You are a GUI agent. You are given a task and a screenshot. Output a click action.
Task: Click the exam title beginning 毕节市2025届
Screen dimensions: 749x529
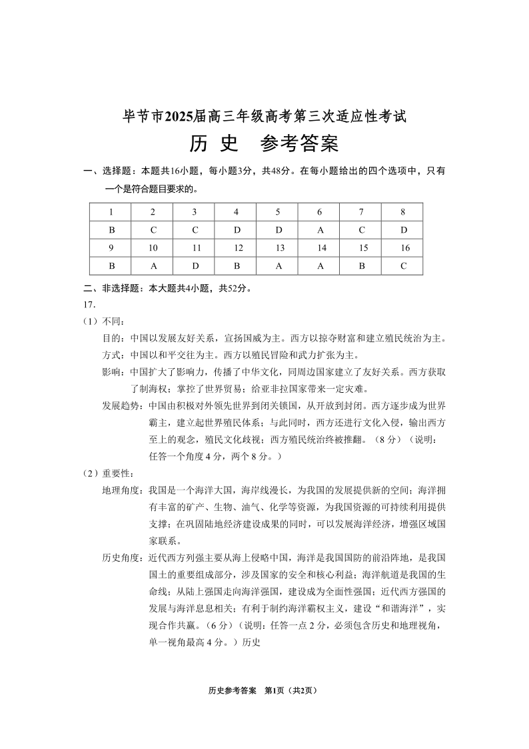264,116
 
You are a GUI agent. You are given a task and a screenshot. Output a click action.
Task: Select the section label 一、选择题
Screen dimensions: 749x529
105,171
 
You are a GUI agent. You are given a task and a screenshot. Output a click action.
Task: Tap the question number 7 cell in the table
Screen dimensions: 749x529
360,212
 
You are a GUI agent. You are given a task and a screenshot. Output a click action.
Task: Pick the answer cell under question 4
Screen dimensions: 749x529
236,230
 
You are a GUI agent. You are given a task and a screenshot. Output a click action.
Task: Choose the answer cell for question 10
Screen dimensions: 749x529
153,265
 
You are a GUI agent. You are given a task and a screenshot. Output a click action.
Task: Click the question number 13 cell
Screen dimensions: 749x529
277,248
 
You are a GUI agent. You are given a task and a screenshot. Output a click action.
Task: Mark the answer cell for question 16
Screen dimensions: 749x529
402,265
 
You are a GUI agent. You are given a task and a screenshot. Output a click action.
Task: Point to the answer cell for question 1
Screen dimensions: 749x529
111,230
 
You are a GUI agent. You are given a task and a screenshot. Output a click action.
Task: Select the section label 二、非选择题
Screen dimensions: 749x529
109,289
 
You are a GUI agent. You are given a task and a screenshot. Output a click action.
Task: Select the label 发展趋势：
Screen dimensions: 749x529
125,406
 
